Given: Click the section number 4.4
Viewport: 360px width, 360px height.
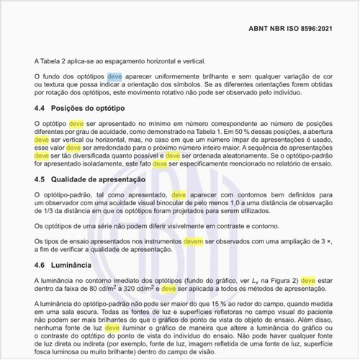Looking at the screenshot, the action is point(40,110).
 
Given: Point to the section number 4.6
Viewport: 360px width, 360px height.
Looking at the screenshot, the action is point(40,265).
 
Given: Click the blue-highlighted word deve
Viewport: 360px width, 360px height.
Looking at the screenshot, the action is point(115,76).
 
